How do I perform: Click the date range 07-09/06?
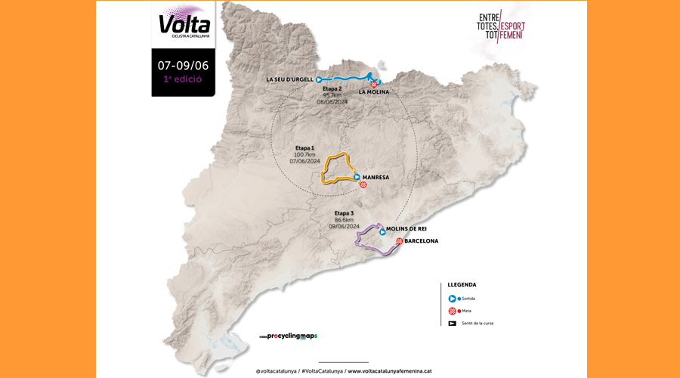[x=183, y=64]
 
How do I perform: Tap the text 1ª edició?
[x=183, y=79]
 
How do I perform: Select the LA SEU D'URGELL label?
[x=290, y=79]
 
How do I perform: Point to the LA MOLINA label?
[x=374, y=92]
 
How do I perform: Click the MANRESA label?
[x=376, y=177]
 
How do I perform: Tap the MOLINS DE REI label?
[x=407, y=228]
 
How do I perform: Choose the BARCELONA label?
[x=422, y=241]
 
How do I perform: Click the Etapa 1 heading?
[x=305, y=147]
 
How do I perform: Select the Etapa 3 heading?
[x=345, y=213]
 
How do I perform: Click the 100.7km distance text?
[x=305, y=154]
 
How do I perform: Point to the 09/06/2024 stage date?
[x=345, y=225]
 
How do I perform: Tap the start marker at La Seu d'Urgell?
[x=320, y=79]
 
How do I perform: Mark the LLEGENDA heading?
[x=462, y=285]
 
